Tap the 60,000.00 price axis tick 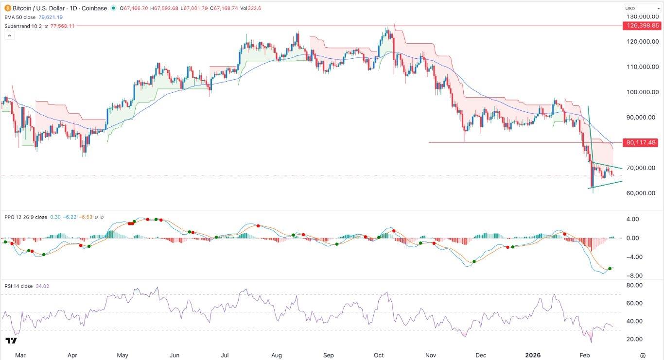[641, 193]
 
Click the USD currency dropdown [641, 8]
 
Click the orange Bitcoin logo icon [7, 8]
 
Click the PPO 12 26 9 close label [24, 218]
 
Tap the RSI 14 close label [18, 286]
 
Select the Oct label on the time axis [379, 355]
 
